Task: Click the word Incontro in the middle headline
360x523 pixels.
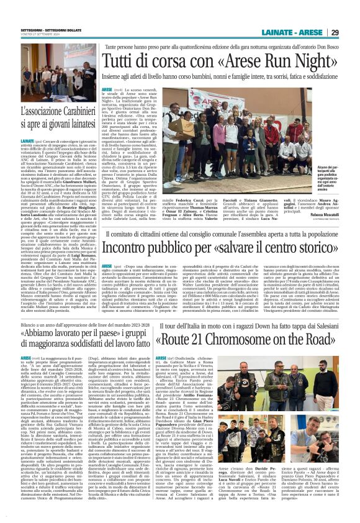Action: pyautogui.click(x=127, y=246)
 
